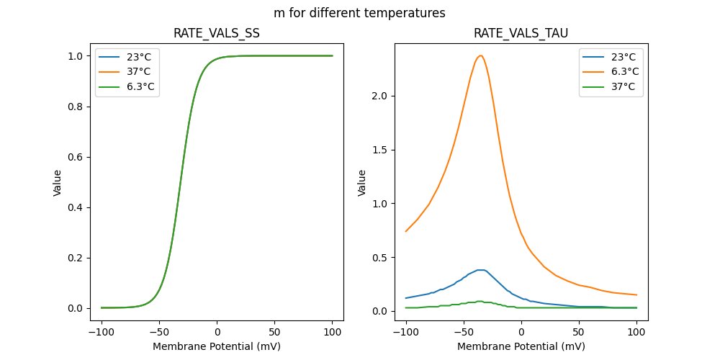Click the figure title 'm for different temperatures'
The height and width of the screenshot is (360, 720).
pos(359,13)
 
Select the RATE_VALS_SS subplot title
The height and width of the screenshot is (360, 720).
pos(217,34)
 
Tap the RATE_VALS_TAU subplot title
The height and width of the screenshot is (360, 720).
pos(521,34)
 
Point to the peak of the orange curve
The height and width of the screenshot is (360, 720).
pos(480,55)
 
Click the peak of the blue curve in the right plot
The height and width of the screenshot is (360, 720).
pos(481,270)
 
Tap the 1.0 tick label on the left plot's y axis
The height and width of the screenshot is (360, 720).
pos(76,56)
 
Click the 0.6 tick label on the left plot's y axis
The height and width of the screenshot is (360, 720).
pos(76,157)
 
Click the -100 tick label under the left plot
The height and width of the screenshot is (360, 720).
pos(99,332)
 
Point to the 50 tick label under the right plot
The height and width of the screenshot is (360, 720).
pos(578,332)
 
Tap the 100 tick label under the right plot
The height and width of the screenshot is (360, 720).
pos(636,332)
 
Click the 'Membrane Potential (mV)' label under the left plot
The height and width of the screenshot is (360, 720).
pos(217,346)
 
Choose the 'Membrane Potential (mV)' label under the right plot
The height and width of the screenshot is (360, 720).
pos(521,346)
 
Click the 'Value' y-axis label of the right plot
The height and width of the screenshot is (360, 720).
pos(362,183)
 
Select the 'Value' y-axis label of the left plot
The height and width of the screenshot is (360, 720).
pos(58,183)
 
